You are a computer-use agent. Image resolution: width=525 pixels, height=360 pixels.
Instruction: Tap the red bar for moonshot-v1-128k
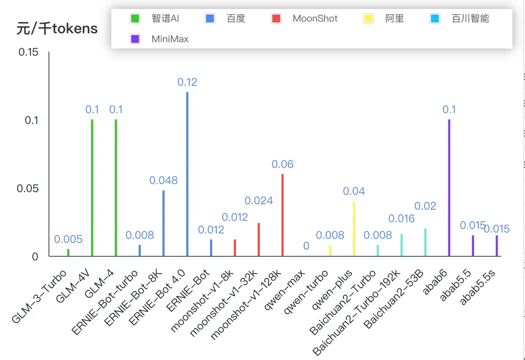[282, 215]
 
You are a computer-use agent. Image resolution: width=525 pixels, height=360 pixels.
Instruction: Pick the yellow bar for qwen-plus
[354, 228]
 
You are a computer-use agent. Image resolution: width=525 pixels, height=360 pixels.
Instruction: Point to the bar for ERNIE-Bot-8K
[163, 223]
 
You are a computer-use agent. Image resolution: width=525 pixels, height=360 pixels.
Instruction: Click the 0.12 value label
[187, 82]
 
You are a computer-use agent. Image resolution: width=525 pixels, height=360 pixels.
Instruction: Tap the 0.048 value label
[163, 180]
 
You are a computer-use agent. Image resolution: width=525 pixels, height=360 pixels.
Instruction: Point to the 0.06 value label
[282, 164]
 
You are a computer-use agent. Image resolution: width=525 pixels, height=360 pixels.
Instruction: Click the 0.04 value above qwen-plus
[354, 191]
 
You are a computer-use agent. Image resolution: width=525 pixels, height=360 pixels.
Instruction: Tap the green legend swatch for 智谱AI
[135, 19]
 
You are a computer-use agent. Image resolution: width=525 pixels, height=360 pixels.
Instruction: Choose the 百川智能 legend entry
[470, 19]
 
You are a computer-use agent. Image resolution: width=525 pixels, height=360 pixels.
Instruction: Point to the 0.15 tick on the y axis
[28, 53]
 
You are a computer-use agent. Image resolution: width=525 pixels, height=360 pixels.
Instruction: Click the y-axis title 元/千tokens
[57, 29]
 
